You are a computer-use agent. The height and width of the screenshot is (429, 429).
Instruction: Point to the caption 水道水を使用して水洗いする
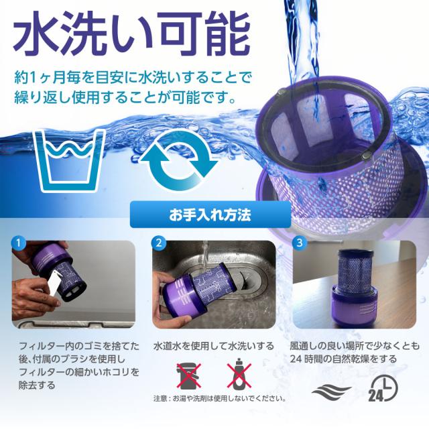click(x=214, y=347)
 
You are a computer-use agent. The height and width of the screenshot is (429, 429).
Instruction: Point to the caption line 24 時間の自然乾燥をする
click(x=343, y=359)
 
